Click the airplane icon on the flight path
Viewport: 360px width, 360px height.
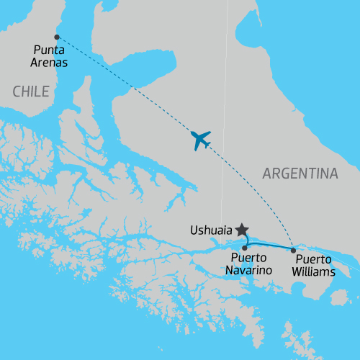[x=201, y=140]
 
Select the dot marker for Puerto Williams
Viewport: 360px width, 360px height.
[x=293, y=250]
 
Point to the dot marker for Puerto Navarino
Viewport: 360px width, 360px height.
[x=245, y=248]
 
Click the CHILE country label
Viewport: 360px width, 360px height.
[x=30, y=91]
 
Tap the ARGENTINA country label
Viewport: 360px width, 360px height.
[x=300, y=174]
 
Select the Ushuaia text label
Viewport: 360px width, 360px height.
[x=210, y=231]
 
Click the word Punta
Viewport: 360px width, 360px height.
[x=50, y=50]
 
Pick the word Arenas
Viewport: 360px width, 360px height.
[x=50, y=63]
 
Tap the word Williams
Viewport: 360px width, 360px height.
[x=315, y=272]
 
